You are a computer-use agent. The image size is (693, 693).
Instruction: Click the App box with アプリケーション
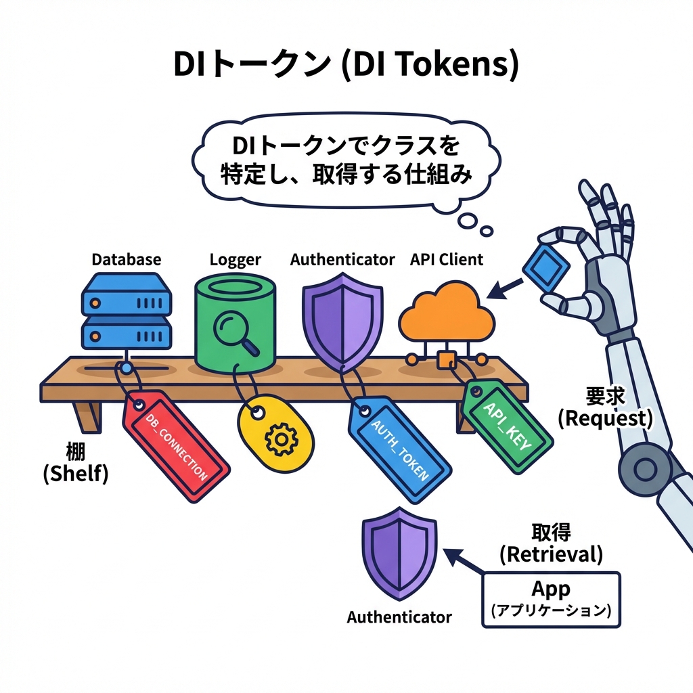(550, 599)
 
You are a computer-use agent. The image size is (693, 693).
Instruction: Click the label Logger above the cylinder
(236, 259)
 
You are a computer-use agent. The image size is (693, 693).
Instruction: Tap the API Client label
(447, 259)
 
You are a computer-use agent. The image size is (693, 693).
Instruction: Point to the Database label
(127, 259)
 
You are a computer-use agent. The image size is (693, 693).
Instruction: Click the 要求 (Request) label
(605, 408)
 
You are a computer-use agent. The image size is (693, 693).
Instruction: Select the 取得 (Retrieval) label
(551, 543)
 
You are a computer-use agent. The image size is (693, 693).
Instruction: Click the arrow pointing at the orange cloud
(505, 288)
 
